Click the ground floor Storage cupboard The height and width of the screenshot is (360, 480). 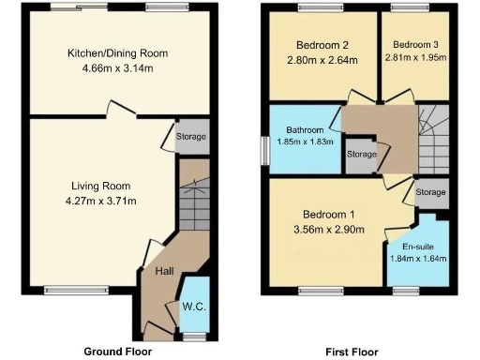point(191,138)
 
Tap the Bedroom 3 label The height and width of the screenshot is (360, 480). point(414,44)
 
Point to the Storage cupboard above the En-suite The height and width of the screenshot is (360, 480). point(430,192)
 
